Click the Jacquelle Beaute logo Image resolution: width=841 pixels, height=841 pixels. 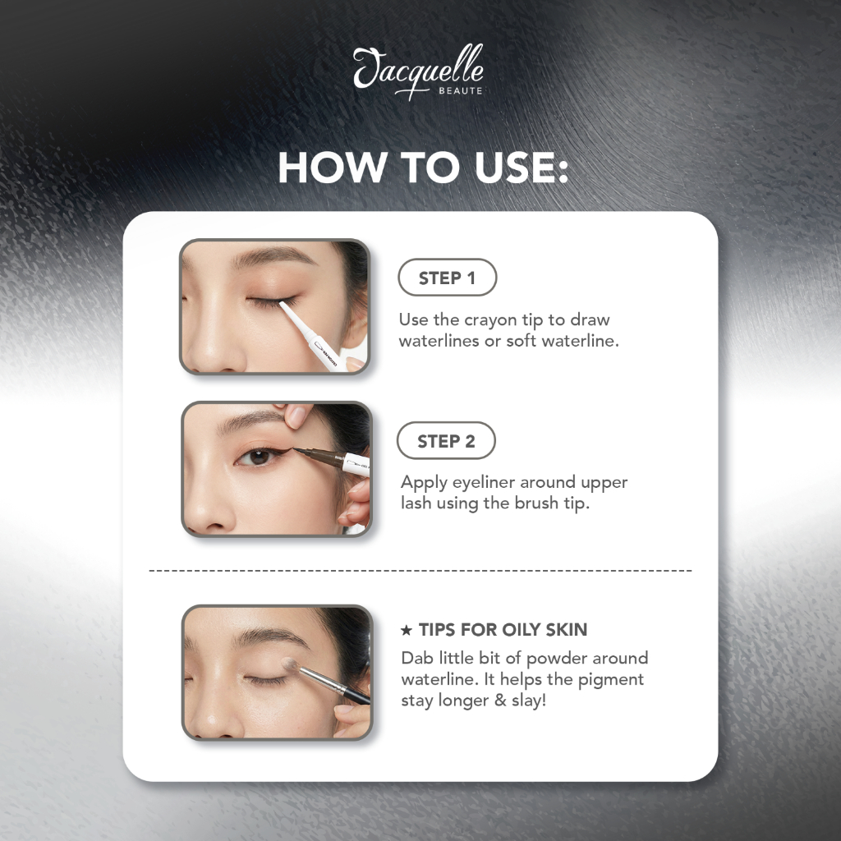[418, 72]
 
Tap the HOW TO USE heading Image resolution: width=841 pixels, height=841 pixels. [423, 168]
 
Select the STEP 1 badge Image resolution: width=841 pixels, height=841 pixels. [448, 278]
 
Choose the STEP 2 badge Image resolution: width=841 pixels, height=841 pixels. [446, 440]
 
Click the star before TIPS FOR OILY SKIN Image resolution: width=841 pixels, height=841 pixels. [407, 630]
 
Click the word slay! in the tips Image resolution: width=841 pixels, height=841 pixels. [529, 701]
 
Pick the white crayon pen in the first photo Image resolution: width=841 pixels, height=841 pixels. [312, 335]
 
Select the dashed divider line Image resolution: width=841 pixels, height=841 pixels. [420, 570]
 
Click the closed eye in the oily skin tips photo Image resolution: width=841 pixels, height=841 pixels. [267, 680]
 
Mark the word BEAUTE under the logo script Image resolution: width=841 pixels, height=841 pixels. [461, 90]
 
